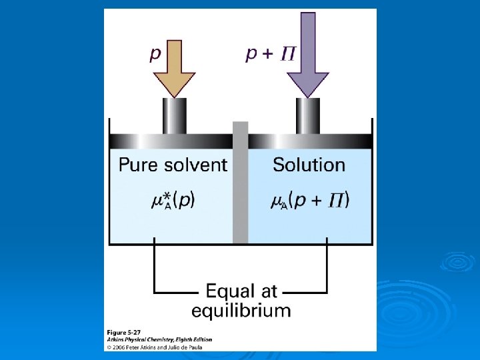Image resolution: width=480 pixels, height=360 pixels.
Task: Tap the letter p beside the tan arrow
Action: (x=155, y=54)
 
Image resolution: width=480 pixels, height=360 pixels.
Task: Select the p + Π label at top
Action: (x=270, y=54)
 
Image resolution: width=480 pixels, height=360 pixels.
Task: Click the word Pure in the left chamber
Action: (x=139, y=165)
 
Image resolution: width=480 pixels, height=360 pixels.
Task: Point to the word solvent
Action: (x=196, y=165)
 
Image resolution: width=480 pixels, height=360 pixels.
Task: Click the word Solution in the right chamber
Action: (x=309, y=165)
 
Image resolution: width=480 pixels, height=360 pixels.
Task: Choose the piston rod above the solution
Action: (x=307, y=116)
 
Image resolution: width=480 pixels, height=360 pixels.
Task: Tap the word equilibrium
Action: (x=241, y=310)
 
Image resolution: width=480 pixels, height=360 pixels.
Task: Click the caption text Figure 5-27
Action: (x=125, y=331)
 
